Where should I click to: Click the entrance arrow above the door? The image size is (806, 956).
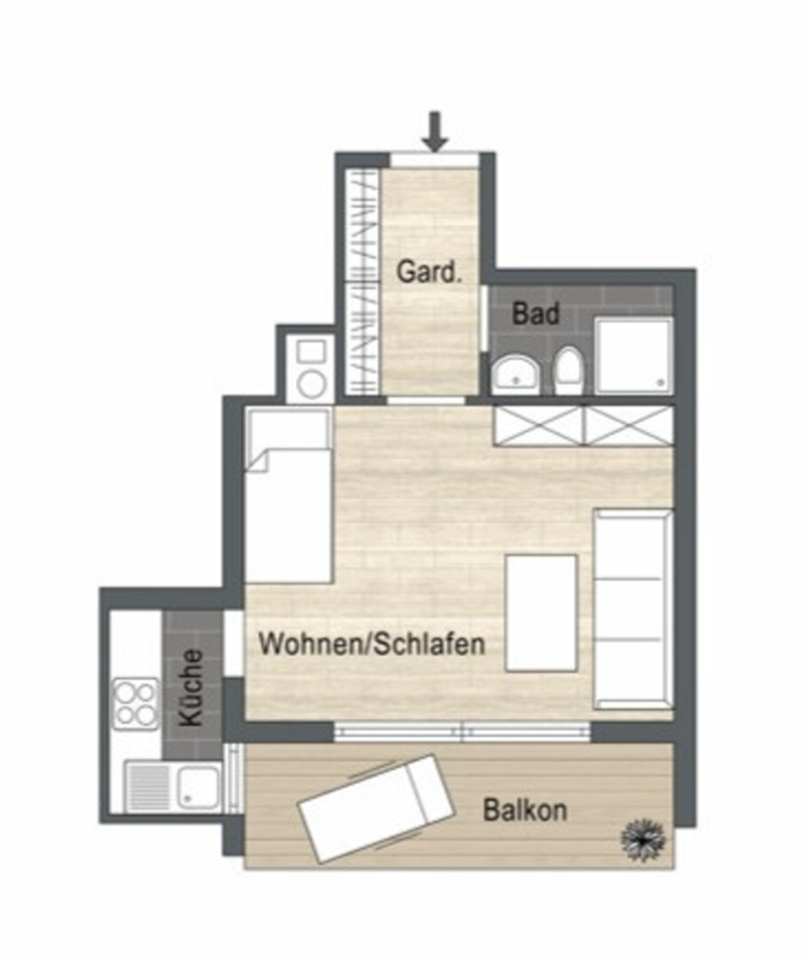(x=433, y=130)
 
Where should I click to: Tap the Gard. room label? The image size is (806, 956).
(x=430, y=271)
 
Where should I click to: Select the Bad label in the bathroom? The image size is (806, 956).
(x=535, y=314)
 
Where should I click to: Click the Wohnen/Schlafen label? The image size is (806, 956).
(x=372, y=643)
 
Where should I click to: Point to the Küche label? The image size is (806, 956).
(x=192, y=686)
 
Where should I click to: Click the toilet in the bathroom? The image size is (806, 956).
(x=568, y=370)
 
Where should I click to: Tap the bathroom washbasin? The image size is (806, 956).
(x=516, y=372)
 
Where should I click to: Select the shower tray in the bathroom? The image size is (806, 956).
(x=634, y=354)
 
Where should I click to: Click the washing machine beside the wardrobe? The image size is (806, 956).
(x=311, y=367)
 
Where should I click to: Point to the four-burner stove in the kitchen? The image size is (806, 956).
(x=134, y=703)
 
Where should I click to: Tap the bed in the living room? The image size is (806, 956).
(x=289, y=498)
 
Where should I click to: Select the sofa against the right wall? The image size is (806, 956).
(x=632, y=607)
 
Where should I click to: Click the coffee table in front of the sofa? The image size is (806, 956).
(x=541, y=612)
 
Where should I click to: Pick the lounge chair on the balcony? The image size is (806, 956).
(x=379, y=808)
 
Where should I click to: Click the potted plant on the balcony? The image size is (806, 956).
(x=643, y=838)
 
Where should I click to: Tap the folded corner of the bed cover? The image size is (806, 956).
(x=260, y=460)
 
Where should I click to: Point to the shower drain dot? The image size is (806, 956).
(x=661, y=380)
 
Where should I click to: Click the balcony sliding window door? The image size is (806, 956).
(x=462, y=732)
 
